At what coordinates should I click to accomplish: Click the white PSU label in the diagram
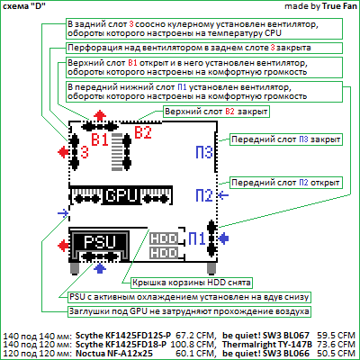click(x=100, y=242)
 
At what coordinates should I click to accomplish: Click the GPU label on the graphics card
click(x=121, y=195)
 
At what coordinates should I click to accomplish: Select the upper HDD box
click(x=164, y=238)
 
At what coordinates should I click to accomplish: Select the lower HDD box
click(x=164, y=253)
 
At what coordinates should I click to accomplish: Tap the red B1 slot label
click(x=100, y=139)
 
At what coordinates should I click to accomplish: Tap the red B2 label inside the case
click(x=143, y=132)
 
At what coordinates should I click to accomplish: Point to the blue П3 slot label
click(x=204, y=152)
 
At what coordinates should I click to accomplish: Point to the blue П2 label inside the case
click(x=204, y=195)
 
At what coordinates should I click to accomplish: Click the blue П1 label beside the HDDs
click(x=197, y=238)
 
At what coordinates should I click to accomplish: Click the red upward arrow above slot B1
click(x=100, y=115)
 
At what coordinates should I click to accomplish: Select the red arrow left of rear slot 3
click(x=63, y=152)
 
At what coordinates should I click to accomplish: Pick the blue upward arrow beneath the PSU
click(x=100, y=267)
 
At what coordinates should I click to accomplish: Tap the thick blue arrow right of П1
click(x=224, y=238)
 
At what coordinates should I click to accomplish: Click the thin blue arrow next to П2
click(x=223, y=195)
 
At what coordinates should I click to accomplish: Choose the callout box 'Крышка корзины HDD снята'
click(x=192, y=283)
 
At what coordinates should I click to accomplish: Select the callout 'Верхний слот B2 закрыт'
click(x=216, y=112)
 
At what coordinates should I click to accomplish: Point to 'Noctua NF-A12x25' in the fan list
click(x=114, y=354)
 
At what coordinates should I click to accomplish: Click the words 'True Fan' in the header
click(x=339, y=6)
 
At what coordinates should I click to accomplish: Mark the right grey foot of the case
click(x=211, y=268)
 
